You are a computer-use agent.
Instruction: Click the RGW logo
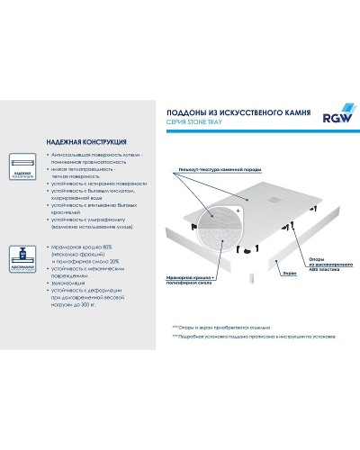(331, 114)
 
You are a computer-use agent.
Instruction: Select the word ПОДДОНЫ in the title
(190, 113)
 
